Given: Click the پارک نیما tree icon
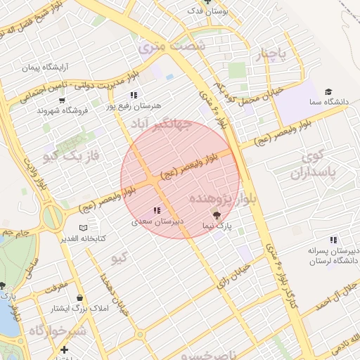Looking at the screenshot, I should click(x=216, y=214).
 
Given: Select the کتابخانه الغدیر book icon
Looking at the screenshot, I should click(x=84, y=229).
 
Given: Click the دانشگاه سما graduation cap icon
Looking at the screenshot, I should click(x=328, y=92).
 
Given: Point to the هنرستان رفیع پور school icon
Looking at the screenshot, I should click(x=133, y=95).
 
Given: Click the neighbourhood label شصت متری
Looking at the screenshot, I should click(x=172, y=46).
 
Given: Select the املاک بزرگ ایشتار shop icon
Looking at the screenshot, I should click(x=79, y=297).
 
